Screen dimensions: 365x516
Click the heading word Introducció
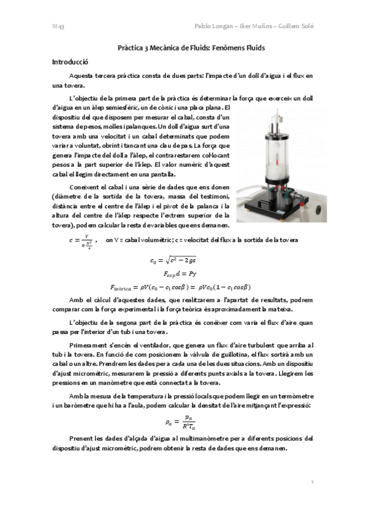click(71, 61)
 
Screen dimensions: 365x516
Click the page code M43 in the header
click(58, 27)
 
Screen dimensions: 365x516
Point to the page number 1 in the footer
click(312, 481)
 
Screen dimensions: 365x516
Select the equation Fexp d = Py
click(182, 274)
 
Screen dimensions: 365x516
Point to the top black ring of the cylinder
click(275, 124)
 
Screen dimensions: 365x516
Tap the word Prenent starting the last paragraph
click(83, 438)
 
